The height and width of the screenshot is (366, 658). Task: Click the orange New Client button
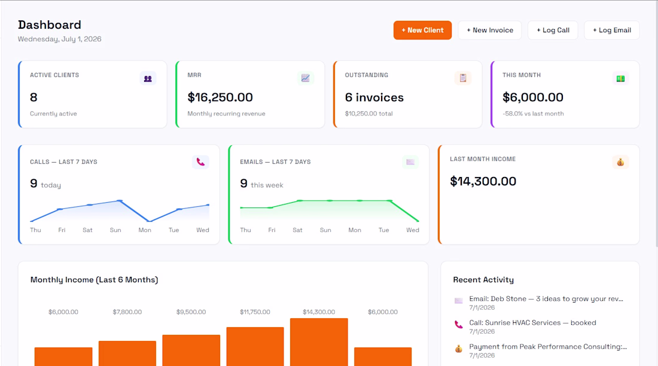[422, 30]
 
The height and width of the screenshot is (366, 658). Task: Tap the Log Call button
[553, 30]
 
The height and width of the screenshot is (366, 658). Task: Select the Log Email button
[612, 30]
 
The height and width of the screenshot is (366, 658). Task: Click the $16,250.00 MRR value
[220, 97]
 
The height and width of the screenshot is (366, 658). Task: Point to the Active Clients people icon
[148, 78]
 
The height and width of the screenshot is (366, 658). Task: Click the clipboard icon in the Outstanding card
[463, 78]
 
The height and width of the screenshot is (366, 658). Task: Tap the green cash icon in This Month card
[620, 78]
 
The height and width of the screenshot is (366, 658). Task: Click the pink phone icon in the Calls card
[200, 162]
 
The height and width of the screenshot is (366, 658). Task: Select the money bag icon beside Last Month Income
[620, 162]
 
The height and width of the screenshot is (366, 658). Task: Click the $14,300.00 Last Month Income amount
[483, 181]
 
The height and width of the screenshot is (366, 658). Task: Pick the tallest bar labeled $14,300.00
[319, 342]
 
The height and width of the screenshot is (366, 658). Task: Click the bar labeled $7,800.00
[127, 353]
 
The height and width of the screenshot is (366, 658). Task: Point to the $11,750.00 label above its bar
[255, 312]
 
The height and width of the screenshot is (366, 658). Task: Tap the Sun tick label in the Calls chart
[115, 230]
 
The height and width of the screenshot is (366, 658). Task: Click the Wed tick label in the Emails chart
[413, 230]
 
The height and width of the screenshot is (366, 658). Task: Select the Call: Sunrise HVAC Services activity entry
[532, 327]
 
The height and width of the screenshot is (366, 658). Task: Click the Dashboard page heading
[50, 25]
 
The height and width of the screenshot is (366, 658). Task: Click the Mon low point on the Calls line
[150, 221]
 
